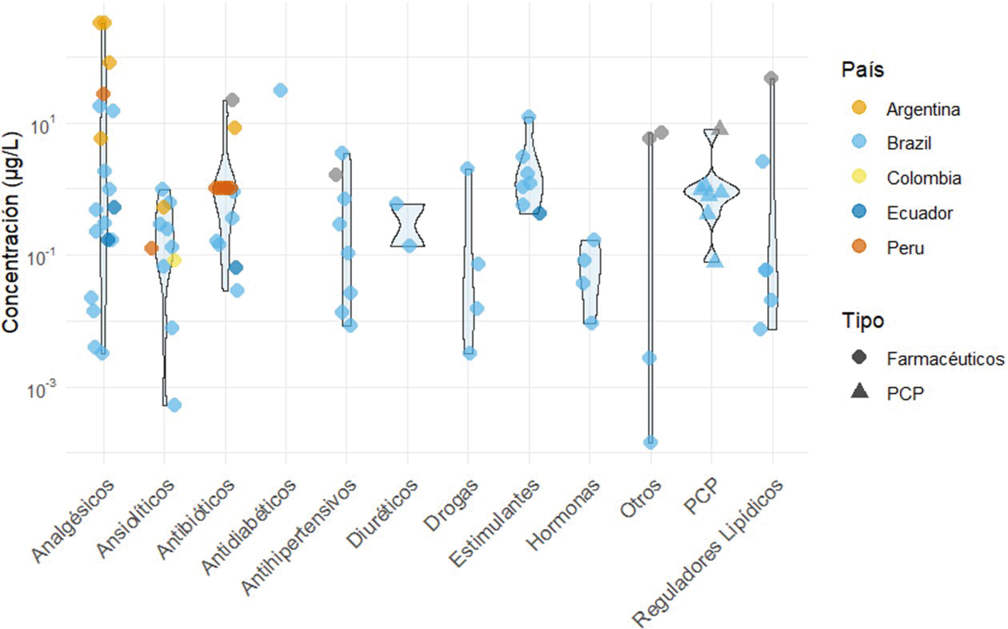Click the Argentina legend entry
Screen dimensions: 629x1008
pyautogui.click(x=909, y=108)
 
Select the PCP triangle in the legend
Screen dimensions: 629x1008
pyautogui.click(x=862, y=392)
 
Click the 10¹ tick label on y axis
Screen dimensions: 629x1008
pyautogui.click(x=41, y=124)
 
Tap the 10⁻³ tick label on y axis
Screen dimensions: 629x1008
pyautogui.click(x=39, y=388)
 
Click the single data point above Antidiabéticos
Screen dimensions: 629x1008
pyautogui.click(x=281, y=90)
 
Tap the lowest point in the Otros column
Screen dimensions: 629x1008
pyautogui.click(x=651, y=443)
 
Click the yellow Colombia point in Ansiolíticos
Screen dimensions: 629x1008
pyautogui.click(x=174, y=259)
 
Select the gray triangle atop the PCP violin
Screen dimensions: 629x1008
pyautogui.click(x=721, y=126)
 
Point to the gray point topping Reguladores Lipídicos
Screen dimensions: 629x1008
pyautogui.click(x=771, y=78)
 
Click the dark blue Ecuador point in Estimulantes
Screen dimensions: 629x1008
pyautogui.click(x=540, y=213)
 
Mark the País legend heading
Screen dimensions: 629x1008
pyautogui.click(x=862, y=70)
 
